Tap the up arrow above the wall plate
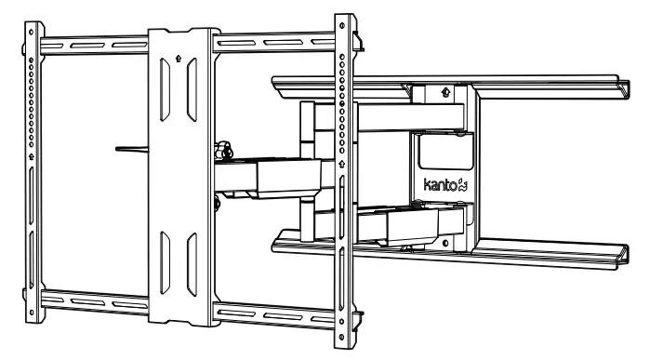click(446, 92)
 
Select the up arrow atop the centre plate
click(179, 55)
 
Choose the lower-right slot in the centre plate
click(192, 260)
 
